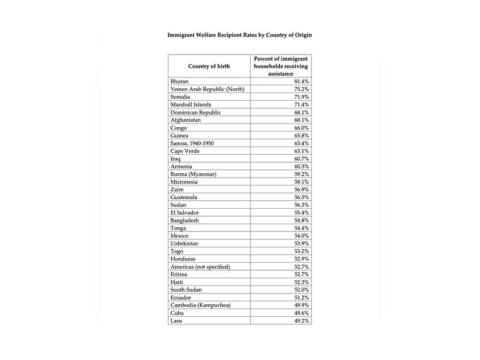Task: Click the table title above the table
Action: (x=239, y=35)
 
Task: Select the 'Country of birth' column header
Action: (x=208, y=65)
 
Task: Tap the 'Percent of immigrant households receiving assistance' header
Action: (x=281, y=65)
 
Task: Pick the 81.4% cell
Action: (x=300, y=80)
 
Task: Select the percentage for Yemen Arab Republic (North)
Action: (x=300, y=88)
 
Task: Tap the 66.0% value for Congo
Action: (x=300, y=127)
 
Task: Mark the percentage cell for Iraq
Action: (x=300, y=159)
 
